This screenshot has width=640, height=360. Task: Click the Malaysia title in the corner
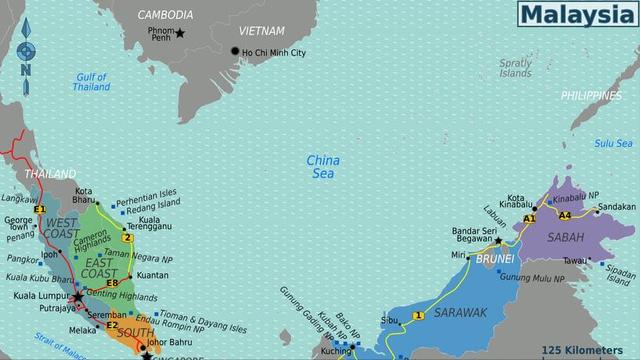pyautogui.click(x=577, y=14)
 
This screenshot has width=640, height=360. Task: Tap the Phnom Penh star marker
pyautogui.click(x=180, y=33)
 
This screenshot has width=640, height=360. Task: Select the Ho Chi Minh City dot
pyautogui.click(x=235, y=52)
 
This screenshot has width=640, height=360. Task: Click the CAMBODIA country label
pyautogui.click(x=165, y=15)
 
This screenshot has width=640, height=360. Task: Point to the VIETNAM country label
pyautogui.click(x=263, y=31)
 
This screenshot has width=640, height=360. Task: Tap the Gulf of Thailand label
pyautogui.click(x=92, y=82)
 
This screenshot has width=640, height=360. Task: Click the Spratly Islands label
pyautogui.click(x=516, y=68)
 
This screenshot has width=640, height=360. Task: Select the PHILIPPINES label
pyautogui.click(x=591, y=96)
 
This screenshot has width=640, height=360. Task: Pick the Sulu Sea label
pyautogui.click(x=614, y=143)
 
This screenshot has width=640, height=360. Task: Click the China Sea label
pyautogui.click(x=323, y=166)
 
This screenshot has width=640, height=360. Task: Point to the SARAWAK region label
pyautogui.click(x=462, y=313)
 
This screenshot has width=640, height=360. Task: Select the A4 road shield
pyautogui.click(x=565, y=215)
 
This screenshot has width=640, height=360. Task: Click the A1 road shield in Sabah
pyautogui.click(x=530, y=218)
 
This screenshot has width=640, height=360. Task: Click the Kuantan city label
pyautogui.click(x=152, y=275)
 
